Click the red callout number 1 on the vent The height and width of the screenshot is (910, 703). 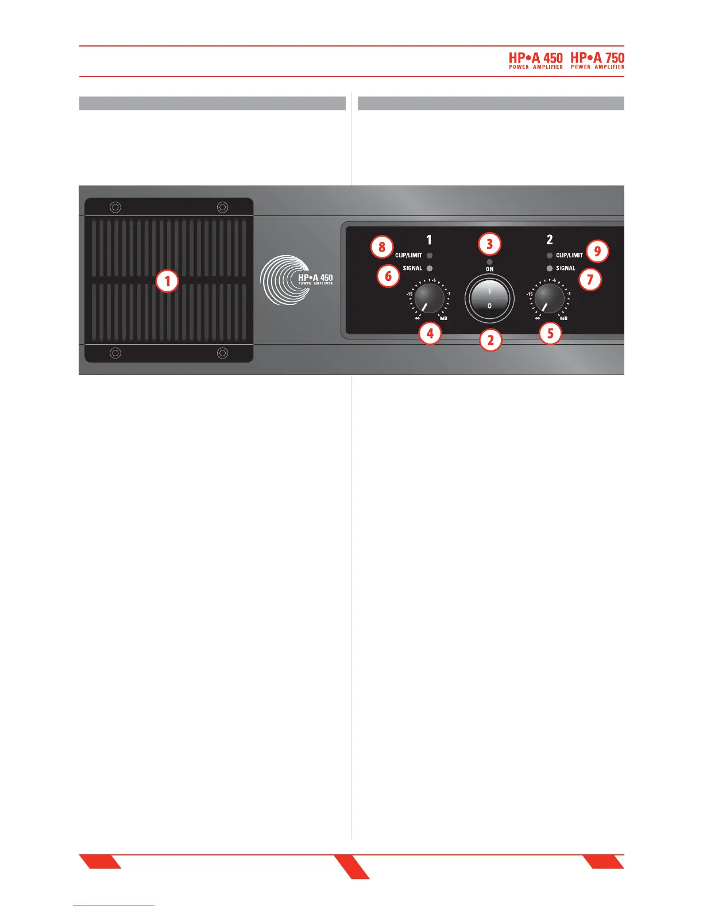click(x=168, y=281)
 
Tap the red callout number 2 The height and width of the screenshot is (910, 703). click(x=490, y=340)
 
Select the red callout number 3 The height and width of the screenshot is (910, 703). click(x=489, y=244)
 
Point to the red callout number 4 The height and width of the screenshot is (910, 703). click(x=430, y=333)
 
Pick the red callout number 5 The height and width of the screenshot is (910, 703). click(x=550, y=333)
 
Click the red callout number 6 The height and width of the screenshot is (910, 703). click(x=388, y=276)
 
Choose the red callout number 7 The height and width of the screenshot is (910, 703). click(x=590, y=280)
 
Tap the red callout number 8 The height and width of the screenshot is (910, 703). click(x=382, y=248)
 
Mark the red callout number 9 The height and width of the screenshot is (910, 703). click(x=597, y=251)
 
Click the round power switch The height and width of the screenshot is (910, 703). click(x=489, y=299)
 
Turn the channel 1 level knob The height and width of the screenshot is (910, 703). click(x=429, y=299)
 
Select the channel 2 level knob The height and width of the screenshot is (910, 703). click(x=549, y=299)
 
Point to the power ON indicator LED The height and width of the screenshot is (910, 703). click(x=489, y=262)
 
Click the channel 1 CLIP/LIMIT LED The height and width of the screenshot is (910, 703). click(x=430, y=256)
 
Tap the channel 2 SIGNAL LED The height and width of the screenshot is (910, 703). click(x=550, y=268)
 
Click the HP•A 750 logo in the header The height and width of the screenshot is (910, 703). click(x=597, y=60)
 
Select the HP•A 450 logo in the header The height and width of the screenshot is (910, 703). click(x=536, y=60)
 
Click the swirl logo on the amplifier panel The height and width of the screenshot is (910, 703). click(x=281, y=280)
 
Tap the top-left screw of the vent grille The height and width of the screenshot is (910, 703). click(x=115, y=207)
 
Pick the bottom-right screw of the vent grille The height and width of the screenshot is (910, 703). click(x=222, y=353)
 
